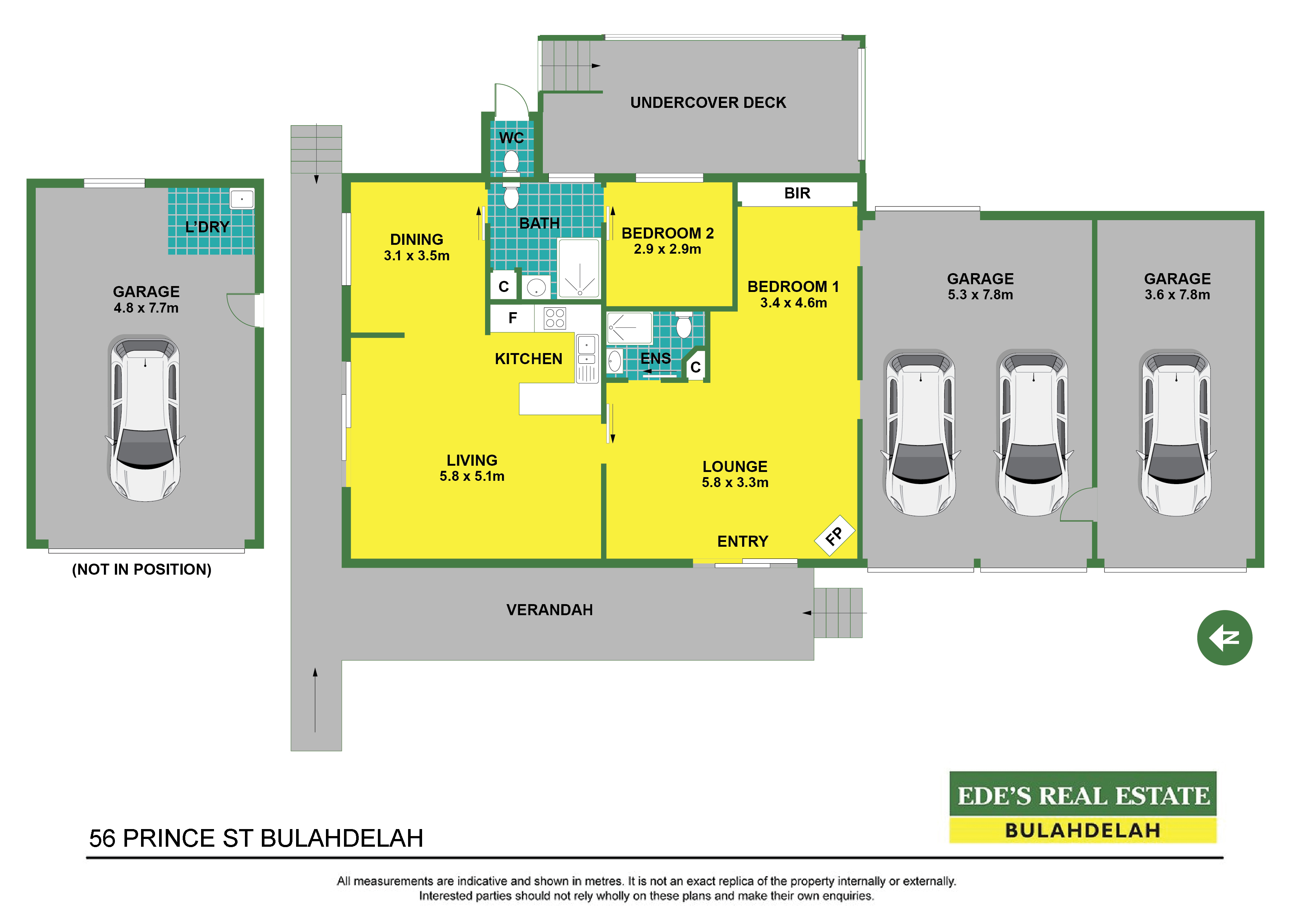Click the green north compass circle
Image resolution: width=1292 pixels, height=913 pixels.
pos(1225,638)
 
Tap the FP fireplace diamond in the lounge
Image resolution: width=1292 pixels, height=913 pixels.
pos(835,536)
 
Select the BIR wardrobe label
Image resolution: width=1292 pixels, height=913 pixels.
pos(797,194)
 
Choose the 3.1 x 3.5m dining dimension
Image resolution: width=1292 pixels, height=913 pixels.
pos(417,255)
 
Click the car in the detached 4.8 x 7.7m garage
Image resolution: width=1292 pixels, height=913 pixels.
pos(145,418)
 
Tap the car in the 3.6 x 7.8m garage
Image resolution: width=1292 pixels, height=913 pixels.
pos(1176,433)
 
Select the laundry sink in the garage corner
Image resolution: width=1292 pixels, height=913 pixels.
pos(242,199)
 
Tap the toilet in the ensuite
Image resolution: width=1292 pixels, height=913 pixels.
pos(684,325)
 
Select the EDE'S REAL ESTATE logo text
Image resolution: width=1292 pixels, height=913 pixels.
pos(1083,796)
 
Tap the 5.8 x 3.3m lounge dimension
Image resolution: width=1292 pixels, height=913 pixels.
pos(735,482)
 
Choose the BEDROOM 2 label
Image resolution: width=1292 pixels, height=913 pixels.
pos(667,233)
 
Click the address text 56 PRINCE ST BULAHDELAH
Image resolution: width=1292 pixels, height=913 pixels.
pos(256,838)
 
